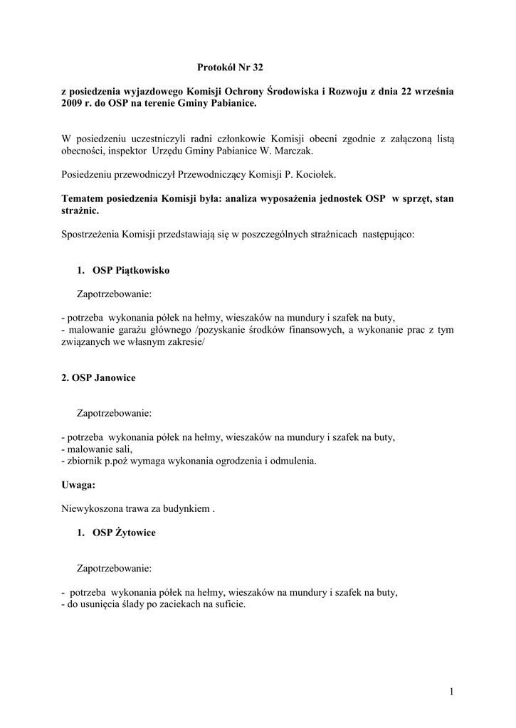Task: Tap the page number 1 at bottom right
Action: (x=451, y=691)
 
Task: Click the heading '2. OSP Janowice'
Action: (x=98, y=378)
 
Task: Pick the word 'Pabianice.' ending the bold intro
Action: (x=229, y=104)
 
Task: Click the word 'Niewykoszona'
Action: (x=92, y=508)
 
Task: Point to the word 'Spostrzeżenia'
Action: (x=90, y=234)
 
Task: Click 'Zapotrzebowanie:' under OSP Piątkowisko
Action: (x=114, y=293)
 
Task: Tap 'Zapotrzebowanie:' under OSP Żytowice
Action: (x=114, y=569)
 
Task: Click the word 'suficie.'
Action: (x=227, y=604)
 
